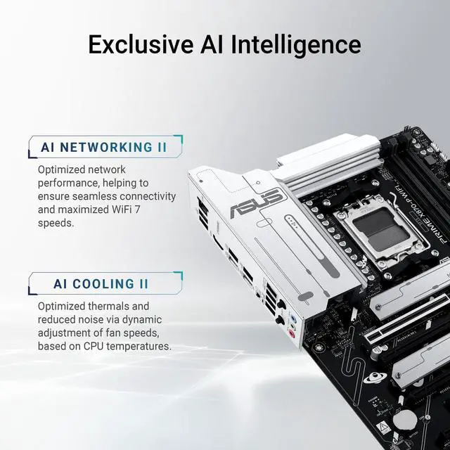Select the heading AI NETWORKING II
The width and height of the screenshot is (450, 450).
(103, 148)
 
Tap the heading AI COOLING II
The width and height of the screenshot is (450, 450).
(101, 284)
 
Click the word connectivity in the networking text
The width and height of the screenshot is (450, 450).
(146, 197)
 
